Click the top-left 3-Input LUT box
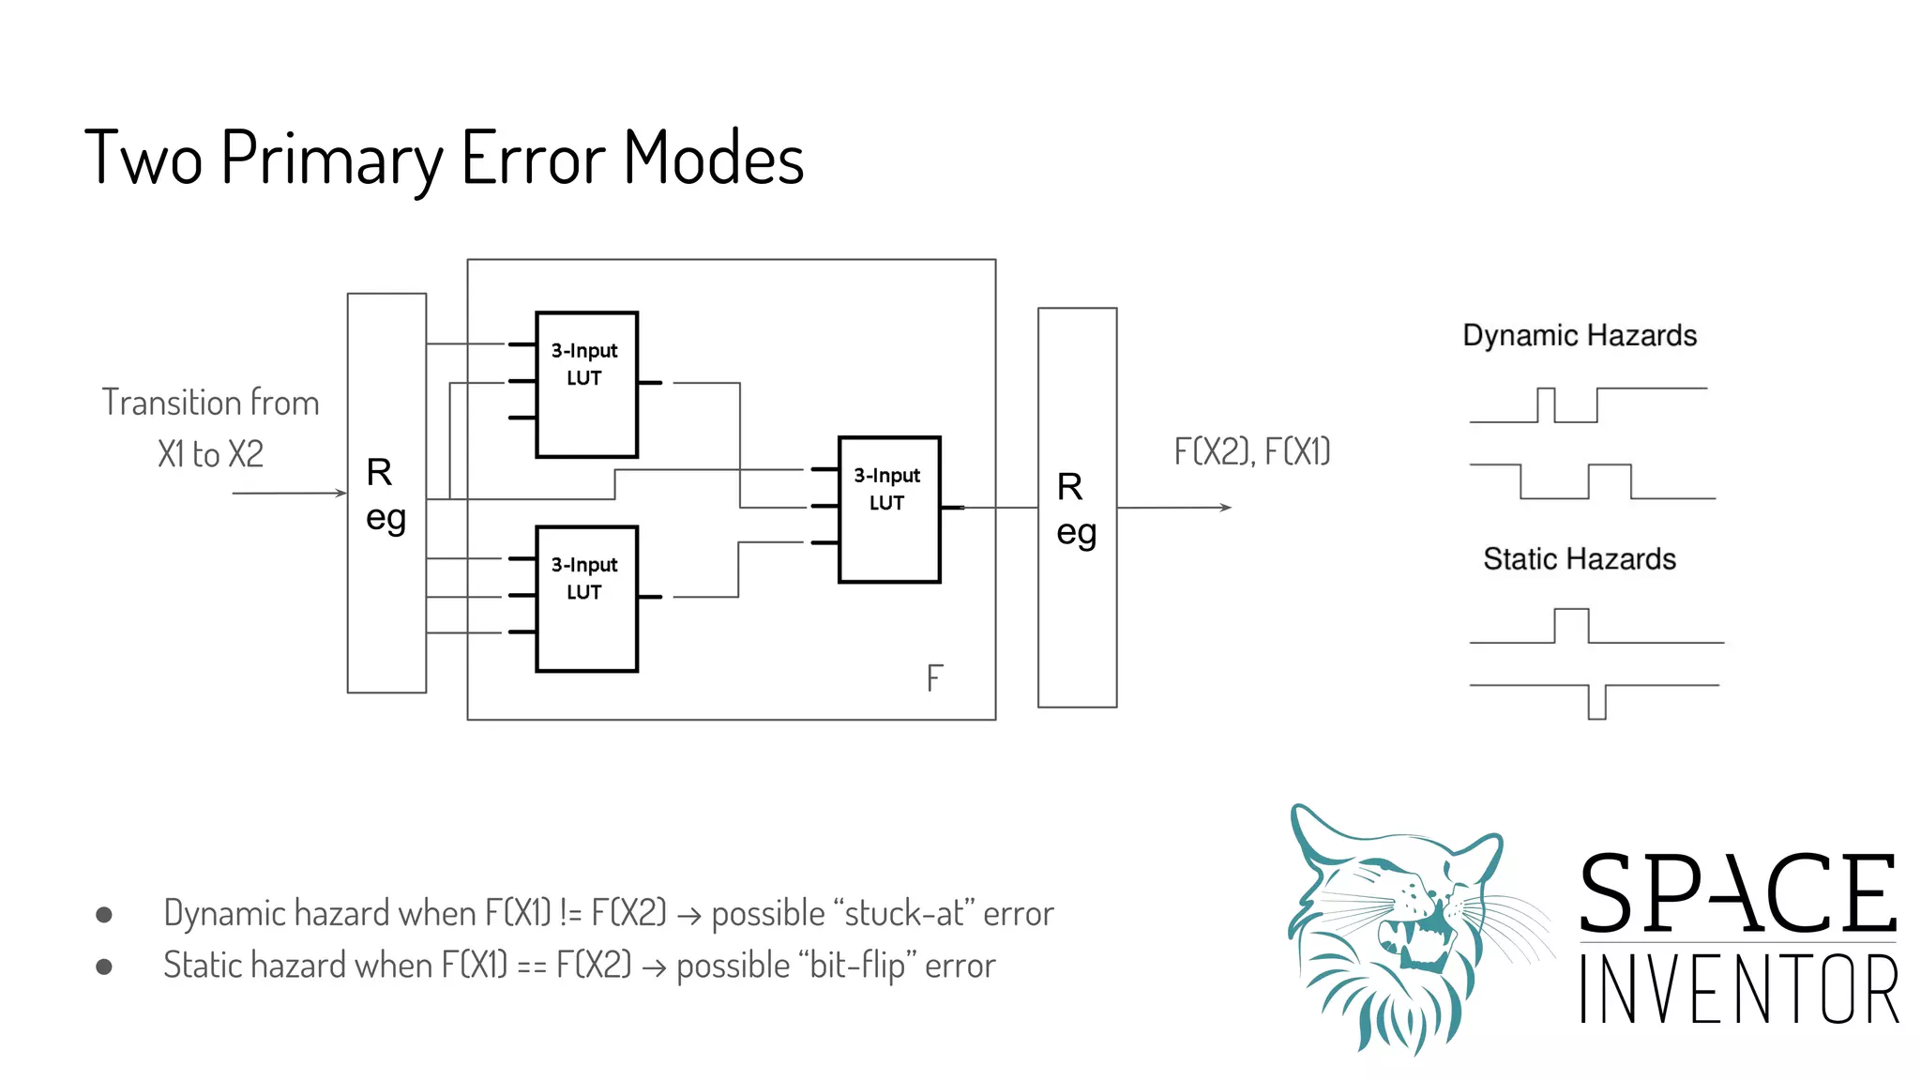click(x=586, y=385)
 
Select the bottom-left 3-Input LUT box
click(x=586, y=599)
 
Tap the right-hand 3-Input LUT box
click(x=888, y=509)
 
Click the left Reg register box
click(x=386, y=494)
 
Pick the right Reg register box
click(x=1077, y=508)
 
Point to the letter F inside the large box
click(x=934, y=678)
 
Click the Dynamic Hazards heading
click(x=1580, y=336)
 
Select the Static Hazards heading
click(x=1580, y=559)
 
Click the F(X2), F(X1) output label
click(x=1252, y=452)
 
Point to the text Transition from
click(x=210, y=403)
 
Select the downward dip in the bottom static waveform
click(x=1596, y=704)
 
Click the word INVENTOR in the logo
click(x=1738, y=990)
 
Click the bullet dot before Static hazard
click(x=104, y=967)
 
